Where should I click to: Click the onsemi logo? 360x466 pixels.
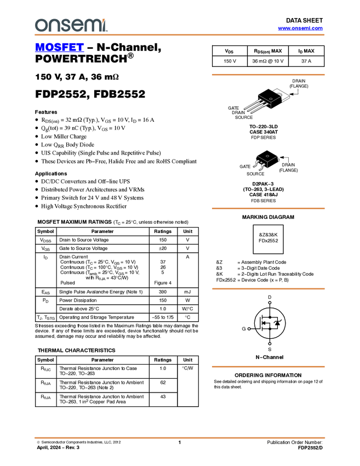[71, 25]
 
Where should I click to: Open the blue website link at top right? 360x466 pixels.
[300, 29]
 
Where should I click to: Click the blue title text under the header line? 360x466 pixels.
[59, 48]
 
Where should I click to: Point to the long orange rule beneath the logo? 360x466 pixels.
[180, 35]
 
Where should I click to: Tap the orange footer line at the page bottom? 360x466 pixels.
[180, 438]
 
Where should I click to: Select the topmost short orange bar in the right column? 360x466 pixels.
[268, 75]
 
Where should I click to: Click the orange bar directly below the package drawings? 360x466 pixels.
[268, 208]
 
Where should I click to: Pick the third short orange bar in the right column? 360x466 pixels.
[268, 289]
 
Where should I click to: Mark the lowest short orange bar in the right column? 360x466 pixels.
[268, 367]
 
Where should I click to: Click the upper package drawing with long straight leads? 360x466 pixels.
[263, 102]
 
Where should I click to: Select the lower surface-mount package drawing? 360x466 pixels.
[266, 162]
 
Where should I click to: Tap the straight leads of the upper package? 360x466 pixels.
[251, 106]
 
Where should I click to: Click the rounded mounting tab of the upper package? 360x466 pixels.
[279, 94]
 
